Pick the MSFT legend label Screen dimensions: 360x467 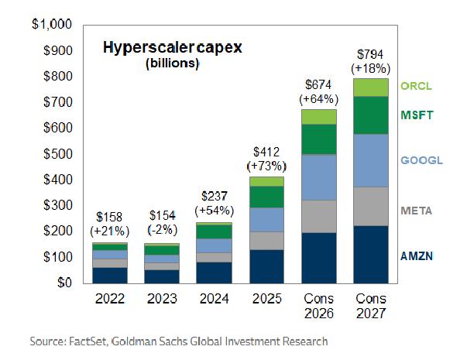tap(417, 115)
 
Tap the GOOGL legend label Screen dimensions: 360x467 tap(420, 161)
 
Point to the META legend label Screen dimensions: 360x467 tap(417, 211)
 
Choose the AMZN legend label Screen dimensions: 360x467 tap(417, 255)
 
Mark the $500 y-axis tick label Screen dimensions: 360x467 tap(56, 154)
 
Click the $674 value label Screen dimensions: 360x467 tap(317, 84)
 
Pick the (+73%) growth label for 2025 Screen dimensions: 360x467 tap(266, 166)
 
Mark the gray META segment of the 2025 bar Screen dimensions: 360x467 tap(266, 241)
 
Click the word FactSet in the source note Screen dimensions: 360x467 tap(91, 341)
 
